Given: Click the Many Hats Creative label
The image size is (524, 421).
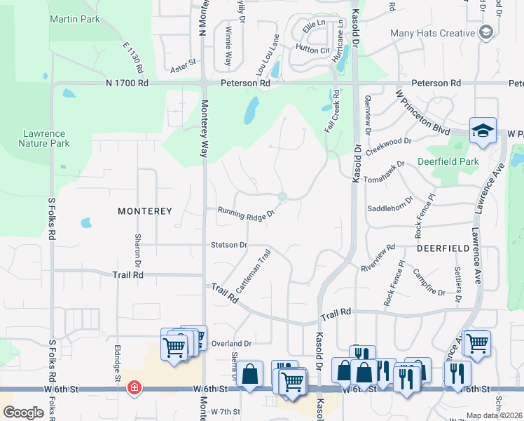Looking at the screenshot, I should [x=433, y=33].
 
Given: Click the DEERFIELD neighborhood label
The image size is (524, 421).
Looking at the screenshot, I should [x=443, y=248].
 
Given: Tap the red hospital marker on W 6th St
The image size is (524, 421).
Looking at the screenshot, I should [x=134, y=388].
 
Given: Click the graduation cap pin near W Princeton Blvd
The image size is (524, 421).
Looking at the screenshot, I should [x=483, y=131].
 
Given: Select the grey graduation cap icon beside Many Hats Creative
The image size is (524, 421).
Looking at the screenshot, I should [x=486, y=32].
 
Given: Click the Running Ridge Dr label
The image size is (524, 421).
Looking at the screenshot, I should [x=245, y=213].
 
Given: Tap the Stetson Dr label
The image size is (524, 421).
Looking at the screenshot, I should [x=229, y=245].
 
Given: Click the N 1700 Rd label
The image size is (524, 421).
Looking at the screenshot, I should [x=127, y=83].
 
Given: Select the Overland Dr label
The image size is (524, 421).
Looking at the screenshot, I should [x=232, y=344].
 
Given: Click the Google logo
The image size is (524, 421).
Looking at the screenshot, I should [x=23, y=413].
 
